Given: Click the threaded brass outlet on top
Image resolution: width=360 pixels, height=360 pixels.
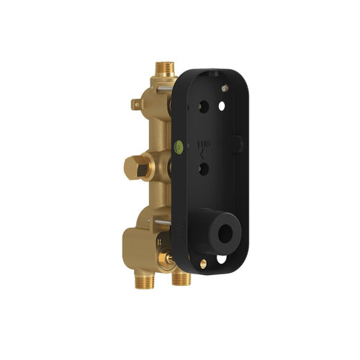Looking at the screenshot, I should point(164,69).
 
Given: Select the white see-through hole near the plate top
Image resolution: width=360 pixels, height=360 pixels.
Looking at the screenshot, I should point(222,106).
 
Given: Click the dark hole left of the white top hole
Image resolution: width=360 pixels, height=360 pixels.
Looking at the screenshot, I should point(203,104).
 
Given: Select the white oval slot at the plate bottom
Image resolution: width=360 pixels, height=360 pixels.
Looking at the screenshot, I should point(222,258).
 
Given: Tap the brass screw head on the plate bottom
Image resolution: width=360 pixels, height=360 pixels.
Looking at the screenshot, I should point(203,264).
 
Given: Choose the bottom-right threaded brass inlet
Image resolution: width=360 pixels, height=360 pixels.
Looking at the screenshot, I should point(181,278).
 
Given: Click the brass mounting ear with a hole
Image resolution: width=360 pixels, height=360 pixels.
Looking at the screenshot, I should point(136,104).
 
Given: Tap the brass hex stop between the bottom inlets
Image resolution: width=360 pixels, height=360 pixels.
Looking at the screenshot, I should point(168,256).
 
